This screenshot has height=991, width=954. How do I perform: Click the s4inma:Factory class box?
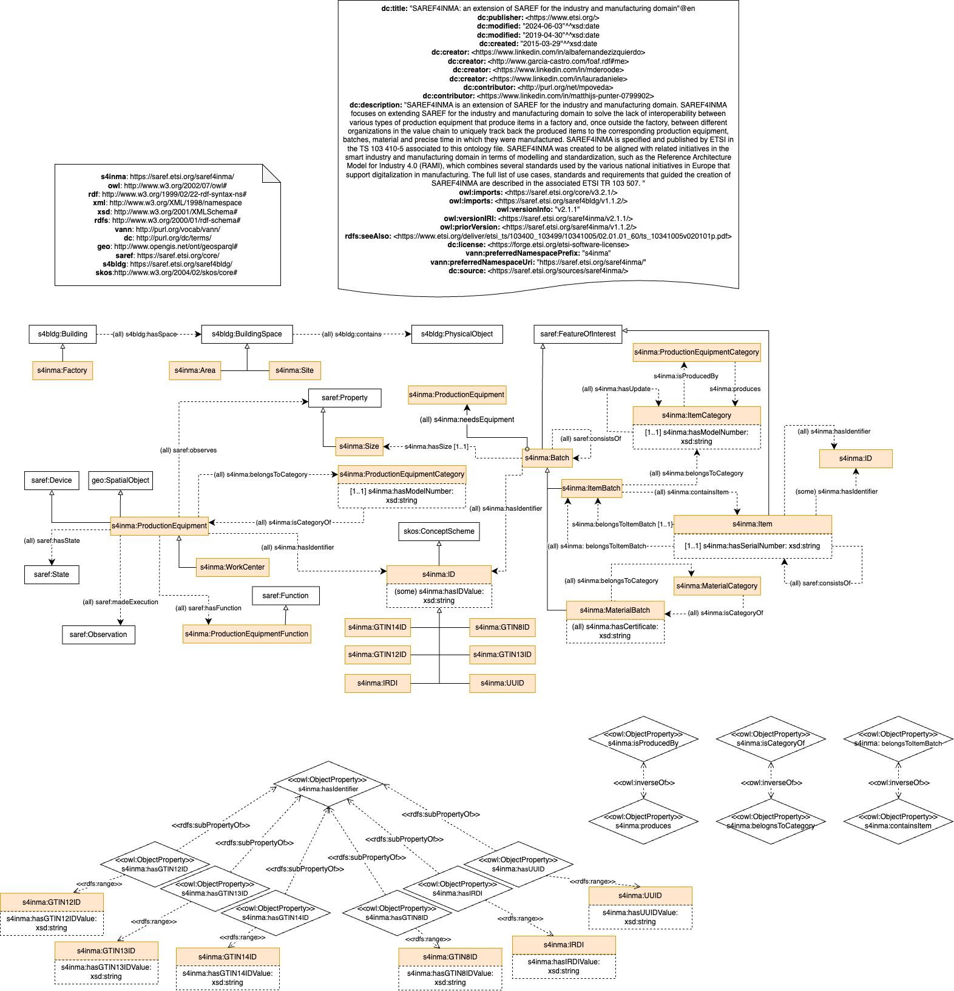click(x=63, y=370)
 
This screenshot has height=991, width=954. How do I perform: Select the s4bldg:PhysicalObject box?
click(x=457, y=334)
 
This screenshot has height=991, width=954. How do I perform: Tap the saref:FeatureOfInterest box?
click(x=578, y=334)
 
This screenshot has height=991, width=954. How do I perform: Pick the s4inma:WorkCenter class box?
click(x=232, y=567)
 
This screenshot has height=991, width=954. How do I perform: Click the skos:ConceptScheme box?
click(x=439, y=531)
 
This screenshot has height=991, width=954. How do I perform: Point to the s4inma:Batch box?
click(x=547, y=458)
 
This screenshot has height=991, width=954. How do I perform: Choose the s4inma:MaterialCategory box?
click(x=717, y=586)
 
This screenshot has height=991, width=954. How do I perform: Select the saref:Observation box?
click(x=98, y=635)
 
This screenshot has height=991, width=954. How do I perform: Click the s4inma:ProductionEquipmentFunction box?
click(x=246, y=634)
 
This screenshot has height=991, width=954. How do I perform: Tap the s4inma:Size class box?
click(x=359, y=446)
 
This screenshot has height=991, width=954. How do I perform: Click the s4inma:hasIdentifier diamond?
click(x=328, y=784)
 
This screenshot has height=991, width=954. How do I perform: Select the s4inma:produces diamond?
click(x=643, y=822)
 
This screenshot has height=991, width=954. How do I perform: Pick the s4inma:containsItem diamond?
click(x=898, y=822)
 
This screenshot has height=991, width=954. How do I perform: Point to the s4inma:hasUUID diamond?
click(x=518, y=864)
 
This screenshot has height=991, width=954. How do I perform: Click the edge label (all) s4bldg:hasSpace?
click(x=144, y=334)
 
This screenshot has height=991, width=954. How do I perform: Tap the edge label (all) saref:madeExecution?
click(x=120, y=602)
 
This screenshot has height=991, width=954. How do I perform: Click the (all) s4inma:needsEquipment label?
click(x=467, y=420)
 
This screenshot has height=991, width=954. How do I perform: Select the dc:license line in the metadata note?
click(x=538, y=245)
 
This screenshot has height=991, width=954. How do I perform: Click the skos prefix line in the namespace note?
click(x=166, y=273)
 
